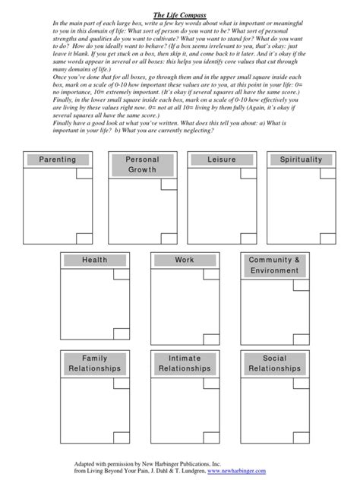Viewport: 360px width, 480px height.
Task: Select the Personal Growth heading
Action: click(x=141, y=165)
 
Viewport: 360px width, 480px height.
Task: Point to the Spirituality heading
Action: click(x=302, y=159)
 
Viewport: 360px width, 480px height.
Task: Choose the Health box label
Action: click(x=95, y=260)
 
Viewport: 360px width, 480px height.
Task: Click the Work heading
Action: click(x=185, y=260)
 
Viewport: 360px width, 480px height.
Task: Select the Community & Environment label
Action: click(x=274, y=265)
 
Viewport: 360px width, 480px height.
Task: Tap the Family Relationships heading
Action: click(x=95, y=363)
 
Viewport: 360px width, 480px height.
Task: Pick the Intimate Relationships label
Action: click(x=185, y=363)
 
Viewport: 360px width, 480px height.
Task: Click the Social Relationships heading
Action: click(x=274, y=363)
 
